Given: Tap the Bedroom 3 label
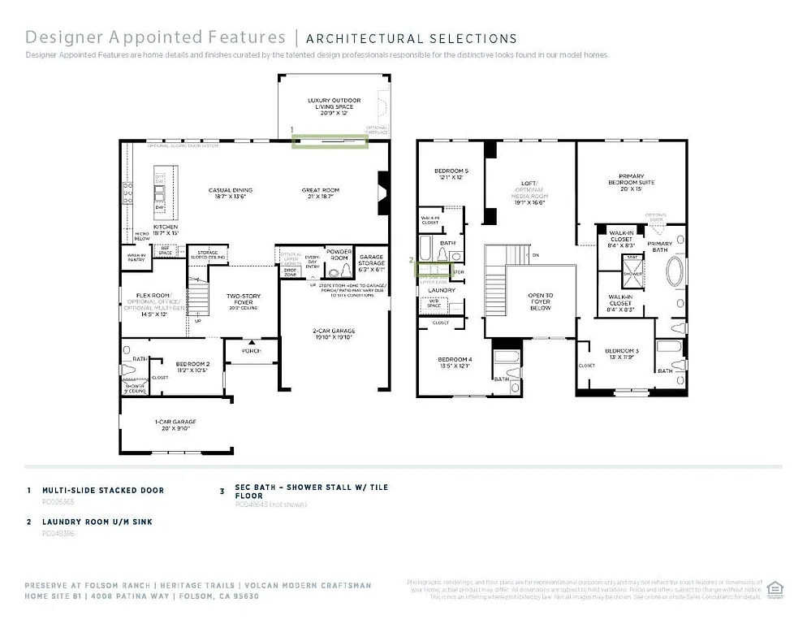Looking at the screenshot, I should [x=622, y=353].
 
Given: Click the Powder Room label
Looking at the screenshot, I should [x=338, y=254].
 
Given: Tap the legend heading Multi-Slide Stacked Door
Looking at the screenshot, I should [x=103, y=491].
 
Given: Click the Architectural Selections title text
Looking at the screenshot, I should [x=411, y=38].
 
